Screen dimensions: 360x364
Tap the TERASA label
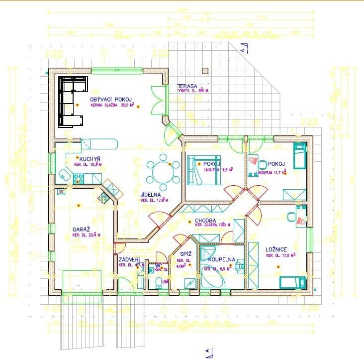pyautogui.click(x=188, y=87)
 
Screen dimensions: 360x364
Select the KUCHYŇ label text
pyautogui.click(x=83, y=158)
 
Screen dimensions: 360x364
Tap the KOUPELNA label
pyautogui.click(x=221, y=260)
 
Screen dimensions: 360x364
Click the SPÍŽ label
pyautogui.click(x=181, y=253)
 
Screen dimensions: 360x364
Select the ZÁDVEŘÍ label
pyautogui.click(x=129, y=259)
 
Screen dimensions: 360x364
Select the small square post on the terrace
pyautogui.click(x=203, y=70)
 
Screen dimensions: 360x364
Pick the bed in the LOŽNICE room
pyautogui.click(x=292, y=282)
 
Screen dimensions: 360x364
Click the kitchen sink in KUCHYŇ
pyautogui.click(x=65, y=174)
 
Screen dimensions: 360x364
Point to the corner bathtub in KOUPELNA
pyautogui.click(x=212, y=276)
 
